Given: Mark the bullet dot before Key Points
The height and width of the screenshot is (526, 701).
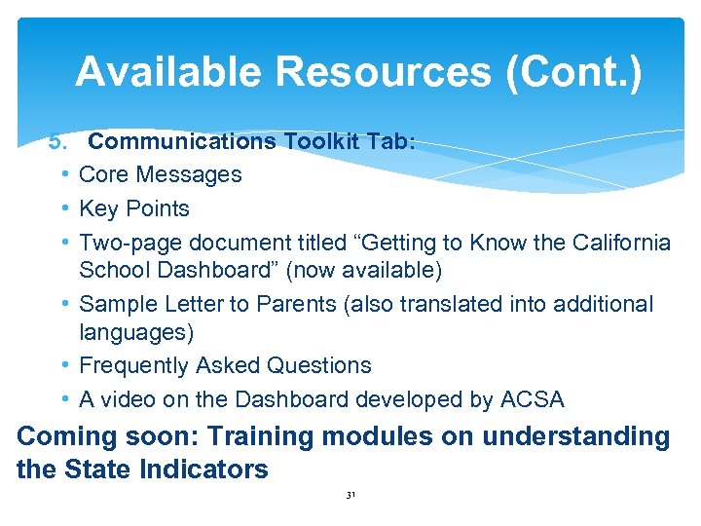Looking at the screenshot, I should point(63,208).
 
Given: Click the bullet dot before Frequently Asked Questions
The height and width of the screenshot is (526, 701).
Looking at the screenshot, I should point(63,366).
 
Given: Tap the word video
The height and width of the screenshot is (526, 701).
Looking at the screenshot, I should point(131,399).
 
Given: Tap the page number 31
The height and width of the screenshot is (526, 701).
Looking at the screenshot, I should point(350,496).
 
